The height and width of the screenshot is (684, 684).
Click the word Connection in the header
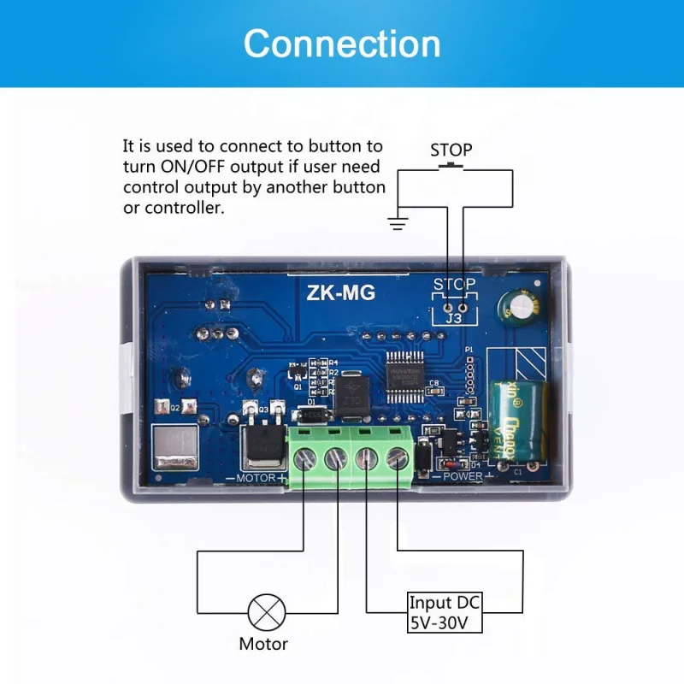pos(342,44)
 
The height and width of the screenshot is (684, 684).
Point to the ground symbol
pos(396,224)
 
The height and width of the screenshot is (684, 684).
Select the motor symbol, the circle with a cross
pos(262,612)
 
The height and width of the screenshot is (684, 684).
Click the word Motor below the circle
pos(262,644)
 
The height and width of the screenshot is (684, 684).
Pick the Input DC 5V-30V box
pos(445,613)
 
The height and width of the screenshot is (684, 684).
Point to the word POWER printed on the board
pos(463,476)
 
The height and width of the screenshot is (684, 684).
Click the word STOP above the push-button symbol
pos(451,150)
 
